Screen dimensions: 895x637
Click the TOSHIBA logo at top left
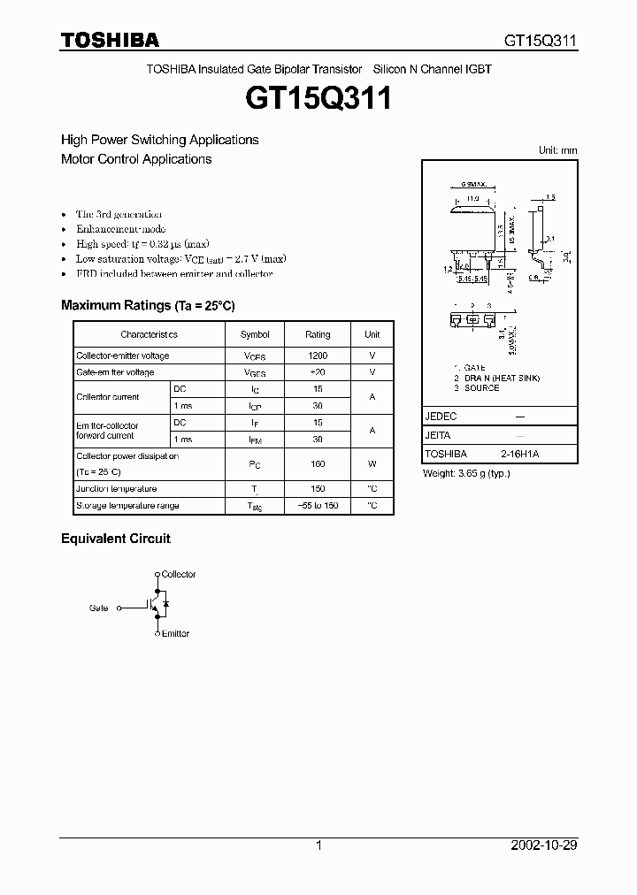(x=110, y=40)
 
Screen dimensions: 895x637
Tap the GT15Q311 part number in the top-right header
(x=541, y=41)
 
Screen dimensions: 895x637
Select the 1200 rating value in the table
(x=318, y=356)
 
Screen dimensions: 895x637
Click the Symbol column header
(x=255, y=334)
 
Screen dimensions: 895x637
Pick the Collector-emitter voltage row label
(x=122, y=356)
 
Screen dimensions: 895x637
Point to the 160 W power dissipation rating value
(x=318, y=463)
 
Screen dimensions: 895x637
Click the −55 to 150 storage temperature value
(x=318, y=506)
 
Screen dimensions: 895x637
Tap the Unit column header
(x=372, y=334)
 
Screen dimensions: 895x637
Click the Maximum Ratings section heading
(x=148, y=305)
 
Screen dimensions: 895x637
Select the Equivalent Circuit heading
(x=115, y=539)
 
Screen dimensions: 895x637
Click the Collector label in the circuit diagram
(x=179, y=575)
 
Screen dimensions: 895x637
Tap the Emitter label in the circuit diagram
(x=175, y=633)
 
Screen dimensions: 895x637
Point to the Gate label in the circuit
(x=98, y=608)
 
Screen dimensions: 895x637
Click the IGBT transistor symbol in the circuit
(x=154, y=606)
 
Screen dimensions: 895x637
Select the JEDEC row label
(x=441, y=416)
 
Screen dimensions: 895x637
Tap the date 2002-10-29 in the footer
(x=544, y=845)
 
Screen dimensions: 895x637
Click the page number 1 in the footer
(x=318, y=845)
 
